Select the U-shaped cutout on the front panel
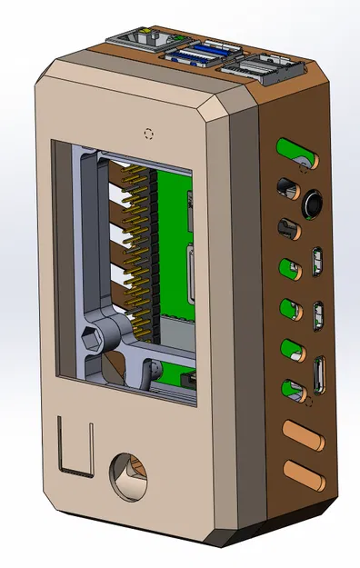75,447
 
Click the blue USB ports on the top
203,52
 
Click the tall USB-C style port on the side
319,376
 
